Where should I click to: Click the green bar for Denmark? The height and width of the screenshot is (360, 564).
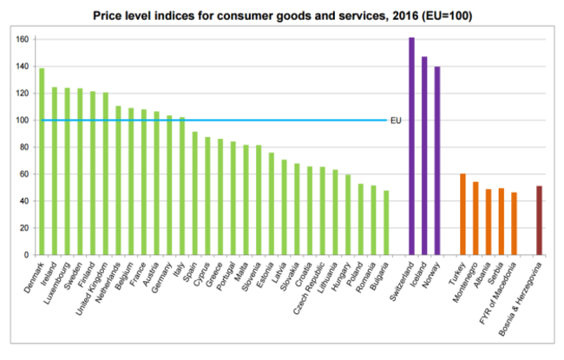pos(42,161)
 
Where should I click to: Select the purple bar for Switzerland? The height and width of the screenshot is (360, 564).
pos(411,147)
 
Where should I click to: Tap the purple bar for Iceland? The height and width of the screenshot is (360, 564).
pos(424,156)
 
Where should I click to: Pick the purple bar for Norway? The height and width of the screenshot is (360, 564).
pos(437,160)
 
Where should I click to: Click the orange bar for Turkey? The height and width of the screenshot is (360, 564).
pos(462,214)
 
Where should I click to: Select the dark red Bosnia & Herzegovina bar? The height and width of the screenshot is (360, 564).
pos(539,220)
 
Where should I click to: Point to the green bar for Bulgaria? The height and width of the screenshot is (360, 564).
pos(385,223)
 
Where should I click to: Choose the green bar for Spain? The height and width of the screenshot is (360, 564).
pos(194,193)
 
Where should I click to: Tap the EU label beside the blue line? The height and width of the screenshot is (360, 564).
pos(396,120)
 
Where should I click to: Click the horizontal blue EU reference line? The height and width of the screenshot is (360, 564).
pos(260,120)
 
